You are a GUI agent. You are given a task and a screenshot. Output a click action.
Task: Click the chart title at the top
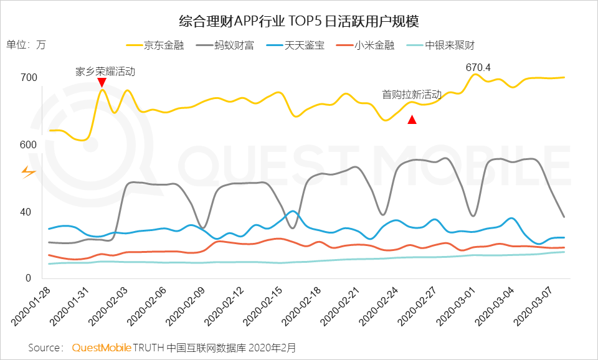point(298,21)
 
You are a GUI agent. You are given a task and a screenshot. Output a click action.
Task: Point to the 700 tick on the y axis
point(29,78)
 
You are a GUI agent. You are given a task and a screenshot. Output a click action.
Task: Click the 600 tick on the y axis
point(29,144)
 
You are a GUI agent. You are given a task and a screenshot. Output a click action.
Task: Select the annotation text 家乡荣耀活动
point(105,71)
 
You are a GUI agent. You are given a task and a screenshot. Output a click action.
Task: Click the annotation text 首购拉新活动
point(411,95)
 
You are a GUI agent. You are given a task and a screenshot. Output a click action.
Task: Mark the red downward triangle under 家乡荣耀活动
point(102,82)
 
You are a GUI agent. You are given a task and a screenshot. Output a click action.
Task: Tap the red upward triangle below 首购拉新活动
point(412,120)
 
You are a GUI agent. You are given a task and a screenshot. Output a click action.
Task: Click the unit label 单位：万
point(26,45)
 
